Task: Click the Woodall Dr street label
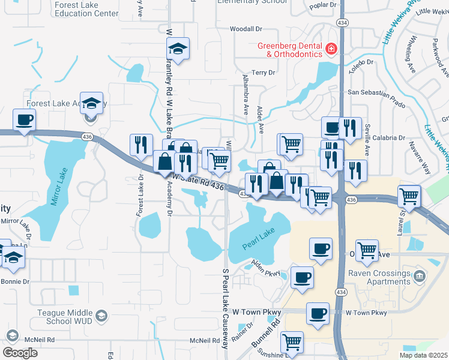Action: pos(246,29)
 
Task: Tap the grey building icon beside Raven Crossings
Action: pos(419,276)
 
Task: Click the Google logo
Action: pos(20,352)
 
